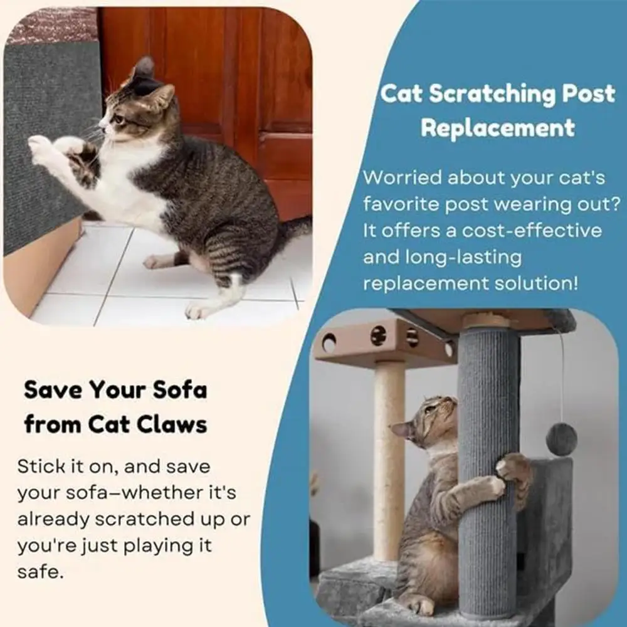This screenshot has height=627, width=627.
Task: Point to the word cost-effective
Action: pos(532,231)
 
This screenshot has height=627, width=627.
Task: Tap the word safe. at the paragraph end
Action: pos(40,571)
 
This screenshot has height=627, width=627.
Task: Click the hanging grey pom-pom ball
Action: pos(561,438)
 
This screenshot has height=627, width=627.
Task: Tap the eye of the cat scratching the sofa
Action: pos(119,120)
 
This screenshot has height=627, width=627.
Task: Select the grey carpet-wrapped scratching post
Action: pos(488,472)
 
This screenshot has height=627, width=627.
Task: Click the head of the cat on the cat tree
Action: pos(427,423)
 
